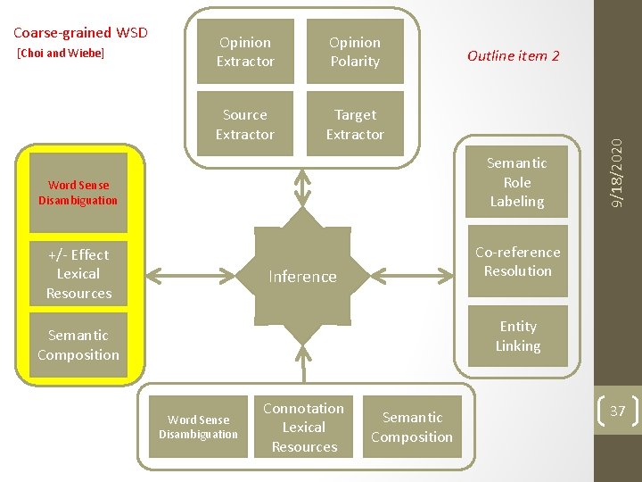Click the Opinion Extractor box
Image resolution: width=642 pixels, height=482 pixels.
pos(245,52)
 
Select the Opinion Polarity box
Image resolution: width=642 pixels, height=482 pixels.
pos(355,52)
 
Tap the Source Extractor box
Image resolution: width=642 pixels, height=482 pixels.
pos(245,125)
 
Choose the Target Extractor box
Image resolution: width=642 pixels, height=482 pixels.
pos(355,125)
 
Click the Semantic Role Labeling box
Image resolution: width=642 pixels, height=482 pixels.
pos(517,182)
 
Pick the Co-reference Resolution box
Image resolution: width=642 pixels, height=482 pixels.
pos(518,262)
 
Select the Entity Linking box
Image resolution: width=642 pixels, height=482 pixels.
pos(518,337)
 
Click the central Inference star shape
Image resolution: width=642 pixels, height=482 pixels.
pos(303,277)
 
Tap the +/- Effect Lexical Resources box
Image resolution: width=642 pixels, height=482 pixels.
pos(78,274)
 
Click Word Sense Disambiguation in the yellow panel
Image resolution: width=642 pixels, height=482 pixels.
pos(78,193)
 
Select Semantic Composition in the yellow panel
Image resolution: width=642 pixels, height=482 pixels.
pos(78,345)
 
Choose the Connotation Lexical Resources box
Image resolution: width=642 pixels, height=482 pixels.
pos(304,428)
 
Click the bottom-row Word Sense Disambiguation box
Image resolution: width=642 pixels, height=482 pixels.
pos(198,428)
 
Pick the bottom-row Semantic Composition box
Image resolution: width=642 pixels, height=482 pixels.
pos(412,428)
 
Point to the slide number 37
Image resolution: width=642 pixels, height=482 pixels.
pos(617,411)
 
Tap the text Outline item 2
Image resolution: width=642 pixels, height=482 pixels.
pos(514,55)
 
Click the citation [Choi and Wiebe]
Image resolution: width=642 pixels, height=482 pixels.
pos(61,54)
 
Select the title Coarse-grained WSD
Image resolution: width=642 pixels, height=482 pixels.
pos(80,34)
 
